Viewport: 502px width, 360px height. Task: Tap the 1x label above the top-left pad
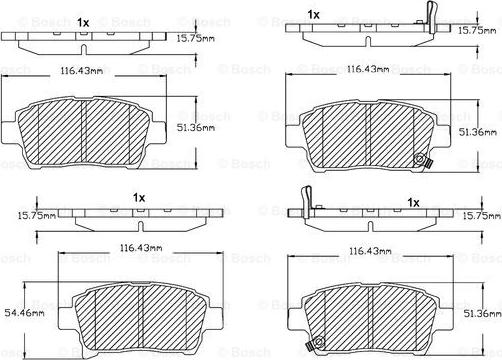[83, 22]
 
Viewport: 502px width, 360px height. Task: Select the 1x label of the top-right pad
[314, 14]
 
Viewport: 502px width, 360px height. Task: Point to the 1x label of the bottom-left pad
[140, 199]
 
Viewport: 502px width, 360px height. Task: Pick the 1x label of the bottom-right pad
[413, 203]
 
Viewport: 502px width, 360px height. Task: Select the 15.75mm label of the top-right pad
[479, 30]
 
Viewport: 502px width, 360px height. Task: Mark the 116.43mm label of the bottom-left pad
[135, 247]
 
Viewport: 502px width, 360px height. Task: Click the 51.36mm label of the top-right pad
[478, 131]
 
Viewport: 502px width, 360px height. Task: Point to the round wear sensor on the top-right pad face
[419, 158]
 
